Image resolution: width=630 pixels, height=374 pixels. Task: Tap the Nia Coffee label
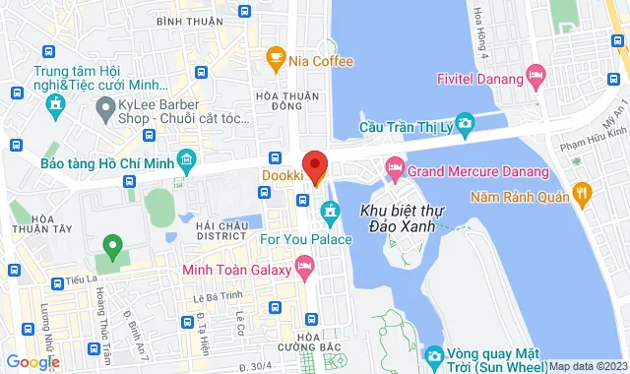(x=321, y=61)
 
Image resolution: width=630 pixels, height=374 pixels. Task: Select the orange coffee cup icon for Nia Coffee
(x=277, y=61)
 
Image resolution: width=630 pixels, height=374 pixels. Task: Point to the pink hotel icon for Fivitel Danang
(x=535, y=73)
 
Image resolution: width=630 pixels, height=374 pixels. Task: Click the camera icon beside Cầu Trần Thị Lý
(x=465, y=122)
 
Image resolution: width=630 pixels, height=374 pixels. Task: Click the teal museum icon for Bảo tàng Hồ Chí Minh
(x=186, y=160)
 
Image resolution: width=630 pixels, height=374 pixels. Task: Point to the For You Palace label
(x=306, y=237)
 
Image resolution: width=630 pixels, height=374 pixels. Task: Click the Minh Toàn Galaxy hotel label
(x=236, y=268)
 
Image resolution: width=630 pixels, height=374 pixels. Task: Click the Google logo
(x=31, y=362)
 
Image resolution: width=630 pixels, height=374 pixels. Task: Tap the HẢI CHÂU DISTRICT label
(x=221, y=228)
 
